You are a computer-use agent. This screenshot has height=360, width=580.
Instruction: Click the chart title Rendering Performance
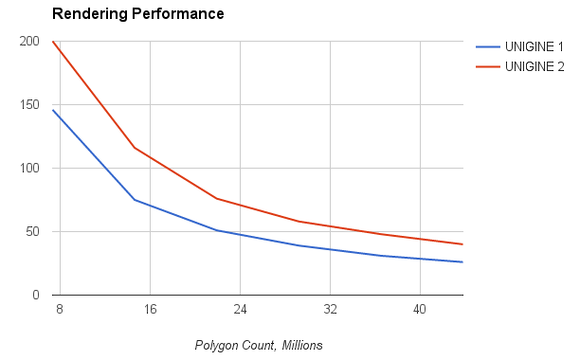click(x=137, y=14)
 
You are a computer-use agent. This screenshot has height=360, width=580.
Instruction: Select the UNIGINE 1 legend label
click(x=533, y=46)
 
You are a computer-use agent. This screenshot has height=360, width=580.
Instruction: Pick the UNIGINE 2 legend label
click(x=533, y=66)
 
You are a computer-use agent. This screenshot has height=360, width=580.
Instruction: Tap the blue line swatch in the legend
click(x=488, y=46)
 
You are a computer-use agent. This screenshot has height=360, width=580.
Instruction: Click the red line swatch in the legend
click(x=488, y=66)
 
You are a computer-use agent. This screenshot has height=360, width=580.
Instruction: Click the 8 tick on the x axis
click(x=60, y=310)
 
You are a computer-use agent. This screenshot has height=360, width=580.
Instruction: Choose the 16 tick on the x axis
click(x=150, y=310)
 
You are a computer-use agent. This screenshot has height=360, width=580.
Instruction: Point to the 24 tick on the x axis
click(x=240, y=310)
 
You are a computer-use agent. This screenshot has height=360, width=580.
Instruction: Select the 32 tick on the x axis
click(x=329, y=310)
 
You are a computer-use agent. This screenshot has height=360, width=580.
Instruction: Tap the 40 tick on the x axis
click(x=419, y=310)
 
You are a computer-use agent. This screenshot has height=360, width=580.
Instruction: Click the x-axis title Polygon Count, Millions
click(x=259, y=346)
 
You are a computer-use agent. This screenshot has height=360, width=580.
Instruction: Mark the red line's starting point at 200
click(x=53, y=42)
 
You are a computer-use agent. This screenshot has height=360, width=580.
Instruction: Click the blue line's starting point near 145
click(x=53, y=110)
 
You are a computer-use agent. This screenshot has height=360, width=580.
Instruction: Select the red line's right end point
click(x=462, y=244)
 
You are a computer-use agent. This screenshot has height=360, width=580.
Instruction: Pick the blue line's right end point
click(x=462, y=262)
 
